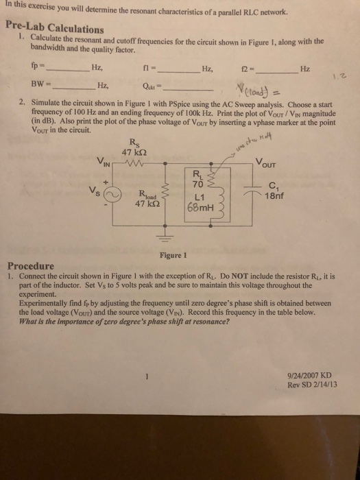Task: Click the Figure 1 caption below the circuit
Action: pyautogui.click(x=173, y=255)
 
